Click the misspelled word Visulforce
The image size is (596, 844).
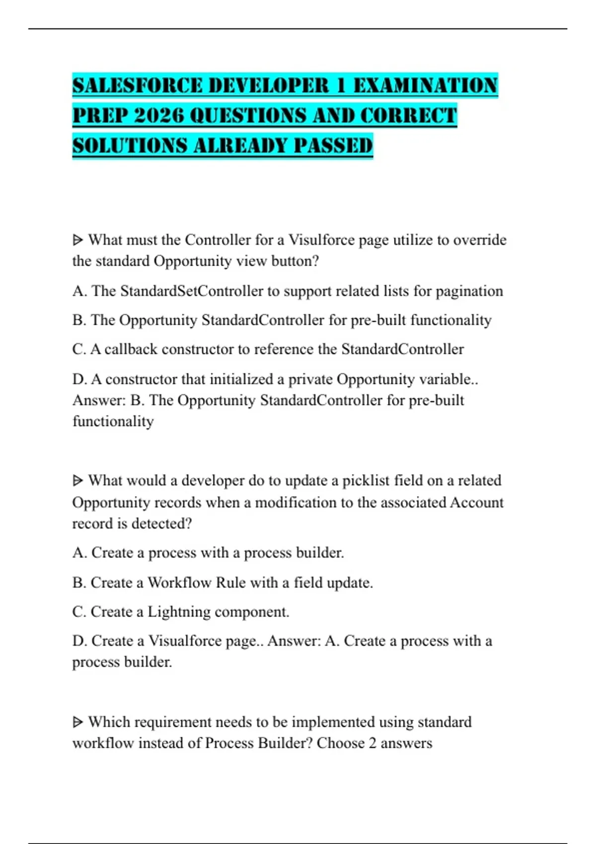click(x=321, y=240)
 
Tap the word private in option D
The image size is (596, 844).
click(x=310, y=379)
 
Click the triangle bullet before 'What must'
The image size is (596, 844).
click(x=78, y=240)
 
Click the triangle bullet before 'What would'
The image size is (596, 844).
click(x=78, y=481)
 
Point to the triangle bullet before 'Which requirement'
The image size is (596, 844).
click(x=78, y=722)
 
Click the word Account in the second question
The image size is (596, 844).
click(x=476, y=502)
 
